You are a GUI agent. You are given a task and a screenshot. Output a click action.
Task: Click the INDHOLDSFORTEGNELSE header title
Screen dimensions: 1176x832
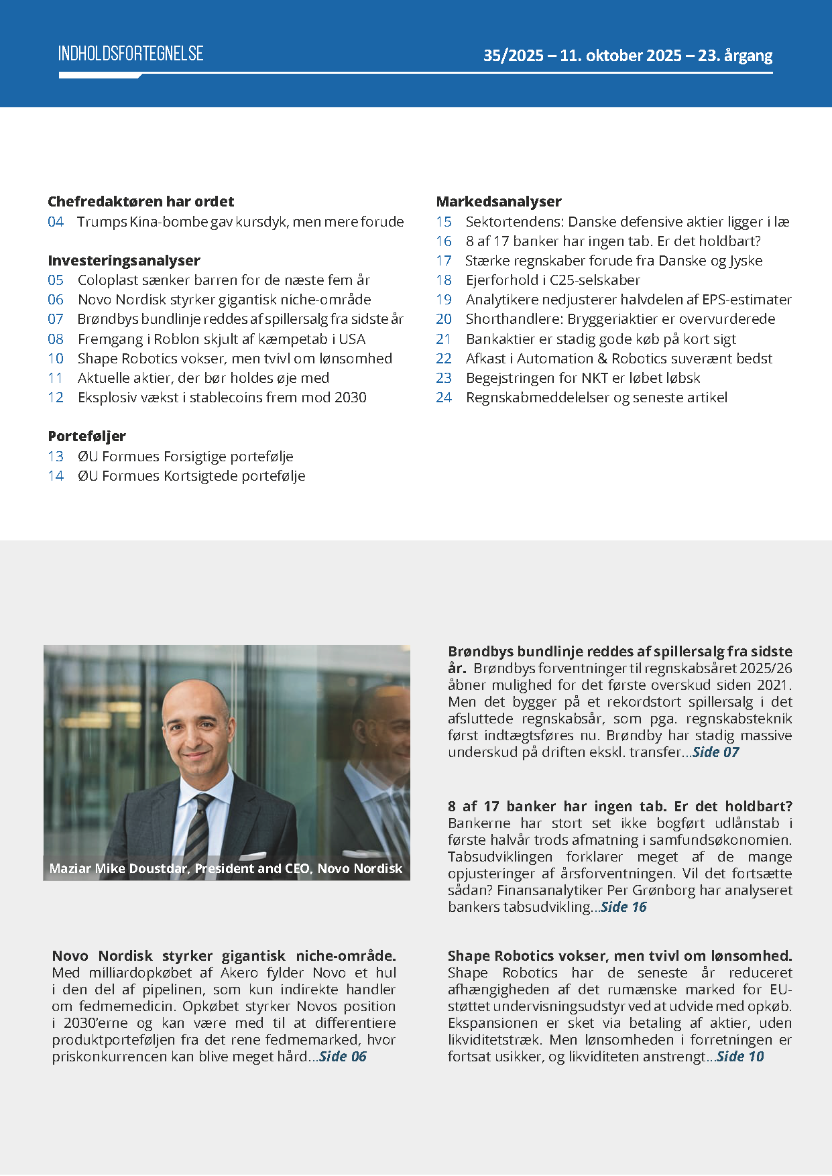click(x=131, y=54)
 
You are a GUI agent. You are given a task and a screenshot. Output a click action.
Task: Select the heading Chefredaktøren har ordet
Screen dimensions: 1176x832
click(x=141, y=202)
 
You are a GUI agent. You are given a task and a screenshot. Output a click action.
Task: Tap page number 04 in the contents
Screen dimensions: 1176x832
click(x=56, y=222)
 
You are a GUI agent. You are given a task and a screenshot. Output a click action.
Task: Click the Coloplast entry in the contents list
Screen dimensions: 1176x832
click(x=223, y=280)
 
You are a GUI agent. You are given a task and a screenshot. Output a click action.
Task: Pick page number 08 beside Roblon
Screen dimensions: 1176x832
click(x=56, y=339)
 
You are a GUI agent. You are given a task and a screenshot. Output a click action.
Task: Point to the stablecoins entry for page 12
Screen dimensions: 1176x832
click(x=222, y=398)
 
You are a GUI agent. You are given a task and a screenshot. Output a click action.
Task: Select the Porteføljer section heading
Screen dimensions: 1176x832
click(x=86, y=436)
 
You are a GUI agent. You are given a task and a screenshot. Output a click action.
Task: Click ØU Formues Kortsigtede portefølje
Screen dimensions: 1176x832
click(x=191, y=476)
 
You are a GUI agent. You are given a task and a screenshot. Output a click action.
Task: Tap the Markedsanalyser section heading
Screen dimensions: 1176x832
click(x=499, y=202)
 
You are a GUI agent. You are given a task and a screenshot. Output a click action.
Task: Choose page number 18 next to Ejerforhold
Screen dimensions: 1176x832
click(x=444, y=280)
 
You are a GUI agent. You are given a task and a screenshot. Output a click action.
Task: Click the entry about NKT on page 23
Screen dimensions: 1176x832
click(x=583, y=378)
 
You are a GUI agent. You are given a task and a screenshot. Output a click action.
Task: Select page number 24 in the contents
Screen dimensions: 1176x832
click(x=444, y=398)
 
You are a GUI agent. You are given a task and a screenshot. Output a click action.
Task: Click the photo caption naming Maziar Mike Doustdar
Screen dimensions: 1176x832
click(x=225, y=868)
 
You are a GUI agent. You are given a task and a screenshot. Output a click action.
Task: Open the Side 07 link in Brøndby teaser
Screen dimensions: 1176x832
click(x=715, y=752)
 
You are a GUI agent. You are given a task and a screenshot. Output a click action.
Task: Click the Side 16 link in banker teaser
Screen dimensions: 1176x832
click(x=623, y=907)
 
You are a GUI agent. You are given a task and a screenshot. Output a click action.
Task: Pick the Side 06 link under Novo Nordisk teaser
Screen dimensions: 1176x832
click(x=343, y=1057)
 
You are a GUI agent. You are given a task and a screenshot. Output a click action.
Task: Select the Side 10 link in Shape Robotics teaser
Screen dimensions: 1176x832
click(x=740, y=1057)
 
